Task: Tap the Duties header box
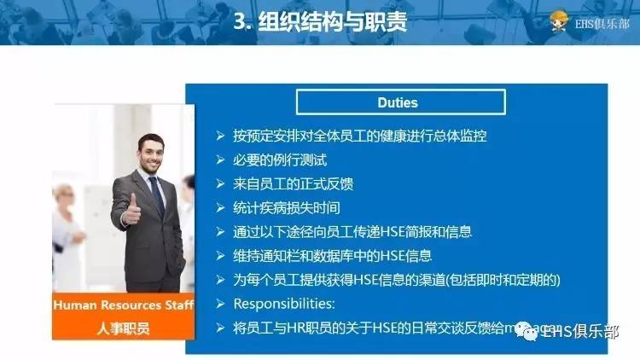[x=398, y=102]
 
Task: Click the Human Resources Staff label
[x=123, y=305]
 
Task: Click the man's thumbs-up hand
[x=130, y=207]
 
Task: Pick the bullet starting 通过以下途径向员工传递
[x=352, y=231]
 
